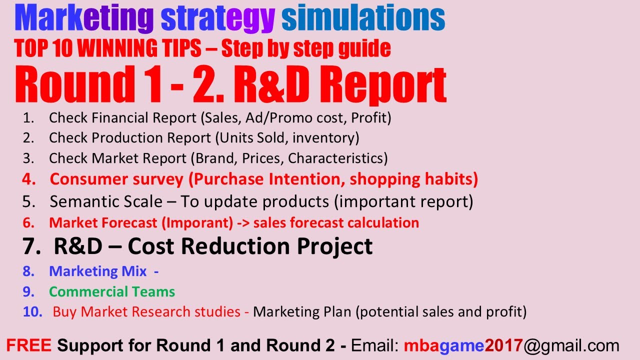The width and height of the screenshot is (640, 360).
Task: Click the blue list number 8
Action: click(28, 271)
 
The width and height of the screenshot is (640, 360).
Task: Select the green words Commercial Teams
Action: click(112, 292)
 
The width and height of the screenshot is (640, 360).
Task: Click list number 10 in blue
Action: click(32, 312)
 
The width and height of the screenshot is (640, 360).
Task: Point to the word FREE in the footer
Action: click(29, 345)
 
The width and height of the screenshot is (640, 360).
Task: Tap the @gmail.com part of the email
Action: click(571, 345)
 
